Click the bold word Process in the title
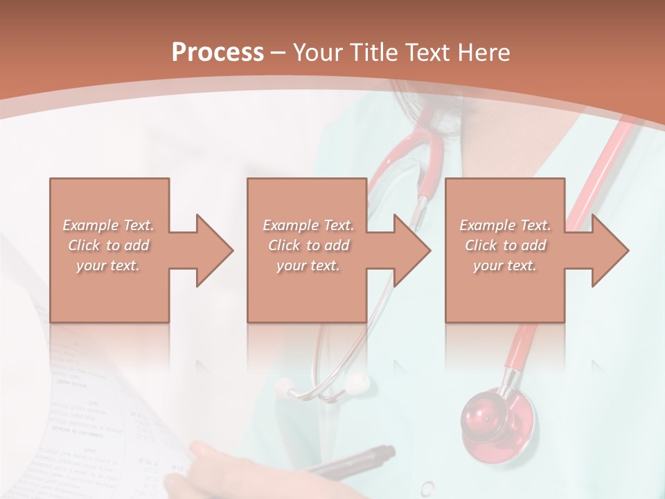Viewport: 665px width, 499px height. (217, 52)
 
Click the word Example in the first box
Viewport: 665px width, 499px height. (90, 225)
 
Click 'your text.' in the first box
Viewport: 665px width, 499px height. (108, 265)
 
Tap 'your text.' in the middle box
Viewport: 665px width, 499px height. (308, 265)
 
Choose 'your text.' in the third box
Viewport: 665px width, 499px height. (505, 265)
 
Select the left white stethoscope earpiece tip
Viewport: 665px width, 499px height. (285, 385)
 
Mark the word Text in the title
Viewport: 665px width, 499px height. (425, 52)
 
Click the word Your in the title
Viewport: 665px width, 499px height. (317, 52)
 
